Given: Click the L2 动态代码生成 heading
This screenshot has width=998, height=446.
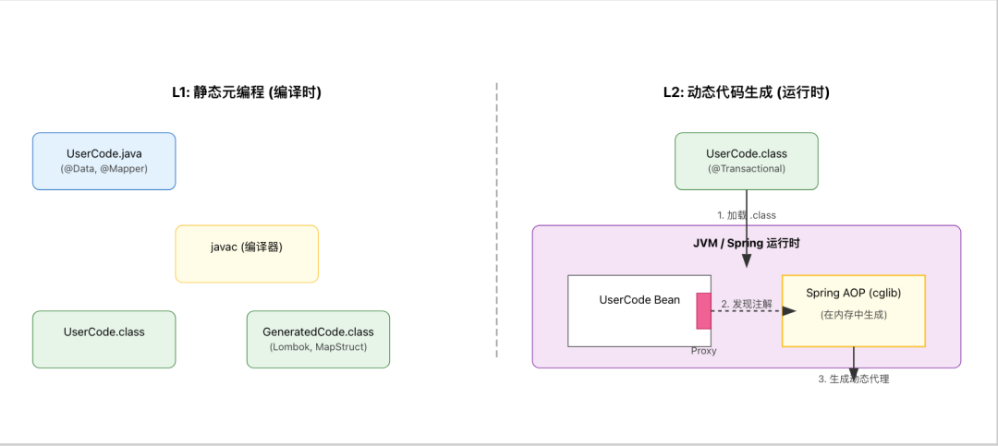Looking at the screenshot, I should (746, 92).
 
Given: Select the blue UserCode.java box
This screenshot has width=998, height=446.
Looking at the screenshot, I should (103, 161).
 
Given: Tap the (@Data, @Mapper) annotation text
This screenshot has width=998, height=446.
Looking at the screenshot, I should (103, 169).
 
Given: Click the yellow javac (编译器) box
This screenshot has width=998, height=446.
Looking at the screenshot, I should (247, 253).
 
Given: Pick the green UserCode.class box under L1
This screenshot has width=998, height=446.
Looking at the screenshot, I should (103, 339).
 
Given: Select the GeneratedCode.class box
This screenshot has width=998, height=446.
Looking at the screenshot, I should (318, 339).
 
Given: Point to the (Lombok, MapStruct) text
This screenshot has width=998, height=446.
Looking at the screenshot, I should (318, 347).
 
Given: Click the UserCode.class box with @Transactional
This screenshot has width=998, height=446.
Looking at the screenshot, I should (746, 161).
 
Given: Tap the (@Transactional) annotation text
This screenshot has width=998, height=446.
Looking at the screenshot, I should (746, 169).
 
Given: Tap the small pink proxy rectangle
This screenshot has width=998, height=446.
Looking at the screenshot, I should (703, 310).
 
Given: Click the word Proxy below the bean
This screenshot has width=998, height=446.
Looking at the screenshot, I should (703, 351).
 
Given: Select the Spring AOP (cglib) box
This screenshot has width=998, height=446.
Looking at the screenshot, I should (853, 310).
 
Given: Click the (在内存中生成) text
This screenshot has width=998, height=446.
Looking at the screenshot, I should (853, 315).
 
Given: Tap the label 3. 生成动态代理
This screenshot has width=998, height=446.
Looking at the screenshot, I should (853, 379).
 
